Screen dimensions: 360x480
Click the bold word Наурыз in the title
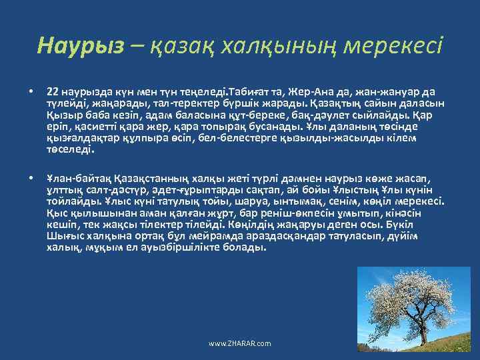click(x=81, y=45)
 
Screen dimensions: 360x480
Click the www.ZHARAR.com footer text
click(x=240, y=343)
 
